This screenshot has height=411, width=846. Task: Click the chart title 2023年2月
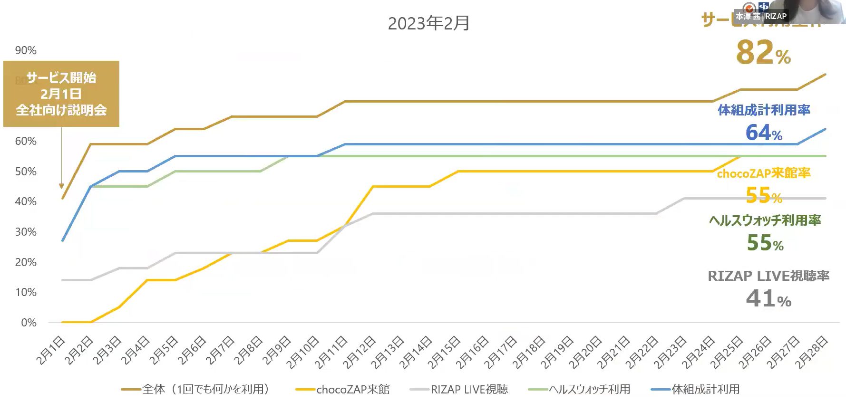pyautogui.click(x=428, y=23)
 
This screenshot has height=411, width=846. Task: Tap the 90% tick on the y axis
pyautogui.click(x=26, y=50)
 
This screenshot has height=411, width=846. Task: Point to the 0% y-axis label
pyautogui.click(x=29, y=323)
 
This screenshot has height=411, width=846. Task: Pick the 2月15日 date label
pyautogui.click(x=444, y=352)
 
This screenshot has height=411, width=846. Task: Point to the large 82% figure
pyautogui.click(x=763, y=53)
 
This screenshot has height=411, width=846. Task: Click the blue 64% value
pyautogui.click(x=764, y=133)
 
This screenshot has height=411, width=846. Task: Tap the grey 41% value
pyautogui.click(x=768, y=299)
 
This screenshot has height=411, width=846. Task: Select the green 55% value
pyautogui.click(x=765, y=243)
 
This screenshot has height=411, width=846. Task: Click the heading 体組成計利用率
pyautogui.click(x=764, y=110)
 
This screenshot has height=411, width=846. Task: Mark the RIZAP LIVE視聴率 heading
pyautogui.click(x=768, y=276)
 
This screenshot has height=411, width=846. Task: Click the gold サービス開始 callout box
pyautogui.click(x=61, y=94)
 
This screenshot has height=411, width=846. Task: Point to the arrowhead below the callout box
pyautogui.click(x=61, y=186)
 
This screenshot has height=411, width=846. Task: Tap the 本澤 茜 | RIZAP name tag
pyautogui.click(x=761, y=16)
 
